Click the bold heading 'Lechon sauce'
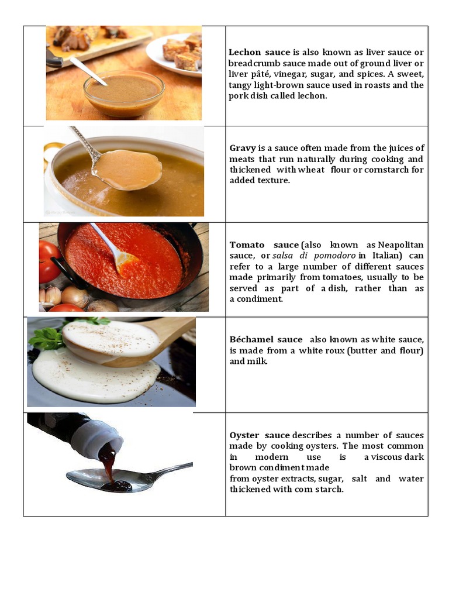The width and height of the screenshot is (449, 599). tap(252, 53)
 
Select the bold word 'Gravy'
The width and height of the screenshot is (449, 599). tap(243, 148)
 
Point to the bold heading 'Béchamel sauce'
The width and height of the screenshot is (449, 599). tap(266, 339)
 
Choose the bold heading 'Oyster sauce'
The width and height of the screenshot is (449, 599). tap(260, 435)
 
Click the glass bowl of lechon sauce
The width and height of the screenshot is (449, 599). tap(123, 94)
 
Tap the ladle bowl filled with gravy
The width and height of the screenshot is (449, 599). tap(127, 169)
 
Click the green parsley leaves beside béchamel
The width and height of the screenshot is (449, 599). tap(47, 336)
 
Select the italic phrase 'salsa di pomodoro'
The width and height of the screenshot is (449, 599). tap(314, 256)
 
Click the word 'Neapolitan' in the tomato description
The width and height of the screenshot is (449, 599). tap(401, 245)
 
